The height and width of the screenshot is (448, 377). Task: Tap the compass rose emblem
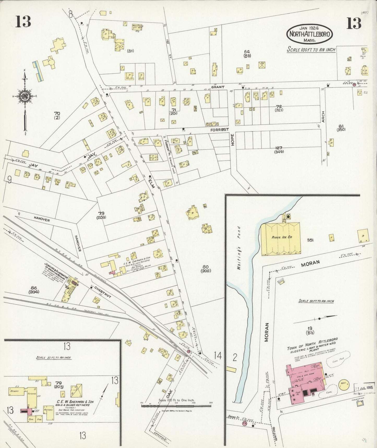click(x=25, y=96)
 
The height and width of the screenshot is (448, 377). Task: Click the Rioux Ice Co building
click(x=281, y=239)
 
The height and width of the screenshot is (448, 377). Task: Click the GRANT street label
click(x=218, y=87)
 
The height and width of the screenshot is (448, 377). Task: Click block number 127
click(x=278, y=148)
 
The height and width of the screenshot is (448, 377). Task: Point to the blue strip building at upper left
click(x=37, y=71)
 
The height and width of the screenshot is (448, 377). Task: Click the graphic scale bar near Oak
click(x=176, y=406)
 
